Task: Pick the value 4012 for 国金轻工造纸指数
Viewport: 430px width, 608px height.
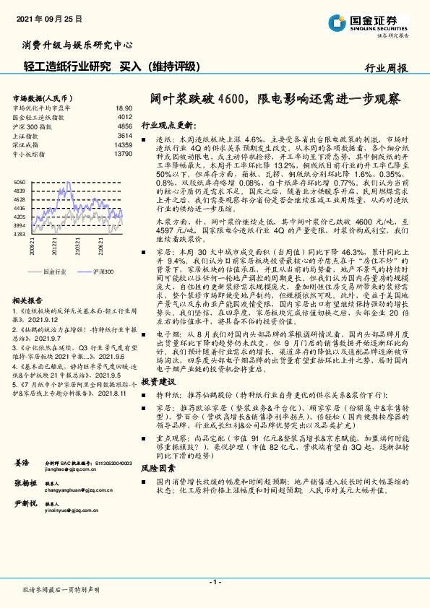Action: click(124, 116)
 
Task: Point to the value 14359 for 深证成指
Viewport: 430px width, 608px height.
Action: click(123, 144)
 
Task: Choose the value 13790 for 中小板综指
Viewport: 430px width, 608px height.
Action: click(123, 154)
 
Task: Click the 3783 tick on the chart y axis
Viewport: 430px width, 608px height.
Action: click(20, 234)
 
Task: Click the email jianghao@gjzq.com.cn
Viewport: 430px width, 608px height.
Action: click(70, 469)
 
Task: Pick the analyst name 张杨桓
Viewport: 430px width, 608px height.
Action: click(25, 483)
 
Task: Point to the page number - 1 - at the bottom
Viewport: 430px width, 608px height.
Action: click(215, 581)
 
